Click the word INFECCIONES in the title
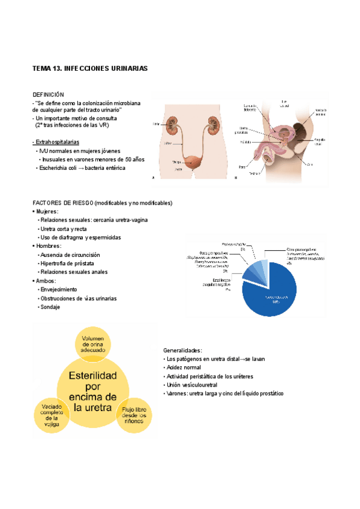pyautogui.click(x=83, y=69)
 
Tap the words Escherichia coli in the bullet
pyautogui.click(x=60, y=169)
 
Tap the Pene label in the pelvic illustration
pyautogui.click(x=242, y=166)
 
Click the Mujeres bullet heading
pyautogui.click(x=47, y=211)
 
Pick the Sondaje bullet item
pyautogui.click(x=50, y=307)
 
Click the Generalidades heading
pyautogui.click(x=183, y=350)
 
